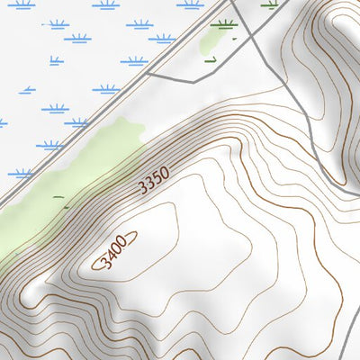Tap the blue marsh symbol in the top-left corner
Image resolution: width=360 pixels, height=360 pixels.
tap(20, 4)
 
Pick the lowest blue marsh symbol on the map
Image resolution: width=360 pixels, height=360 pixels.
tap(20, 173)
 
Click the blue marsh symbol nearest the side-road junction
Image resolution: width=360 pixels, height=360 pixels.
tap(133, 61)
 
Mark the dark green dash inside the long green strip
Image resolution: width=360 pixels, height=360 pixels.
tap(58, 196)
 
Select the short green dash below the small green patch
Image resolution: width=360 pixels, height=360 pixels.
tap(211, 60)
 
